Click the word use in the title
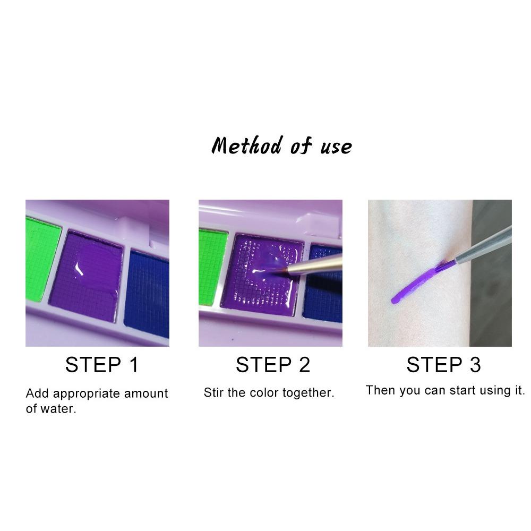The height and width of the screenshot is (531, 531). pos(336,146)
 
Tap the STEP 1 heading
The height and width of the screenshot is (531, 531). pos(101,365)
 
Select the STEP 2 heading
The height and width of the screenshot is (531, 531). pos(272,365)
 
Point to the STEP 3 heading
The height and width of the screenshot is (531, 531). pos(443,365)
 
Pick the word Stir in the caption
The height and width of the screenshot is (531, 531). pos(213,393)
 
